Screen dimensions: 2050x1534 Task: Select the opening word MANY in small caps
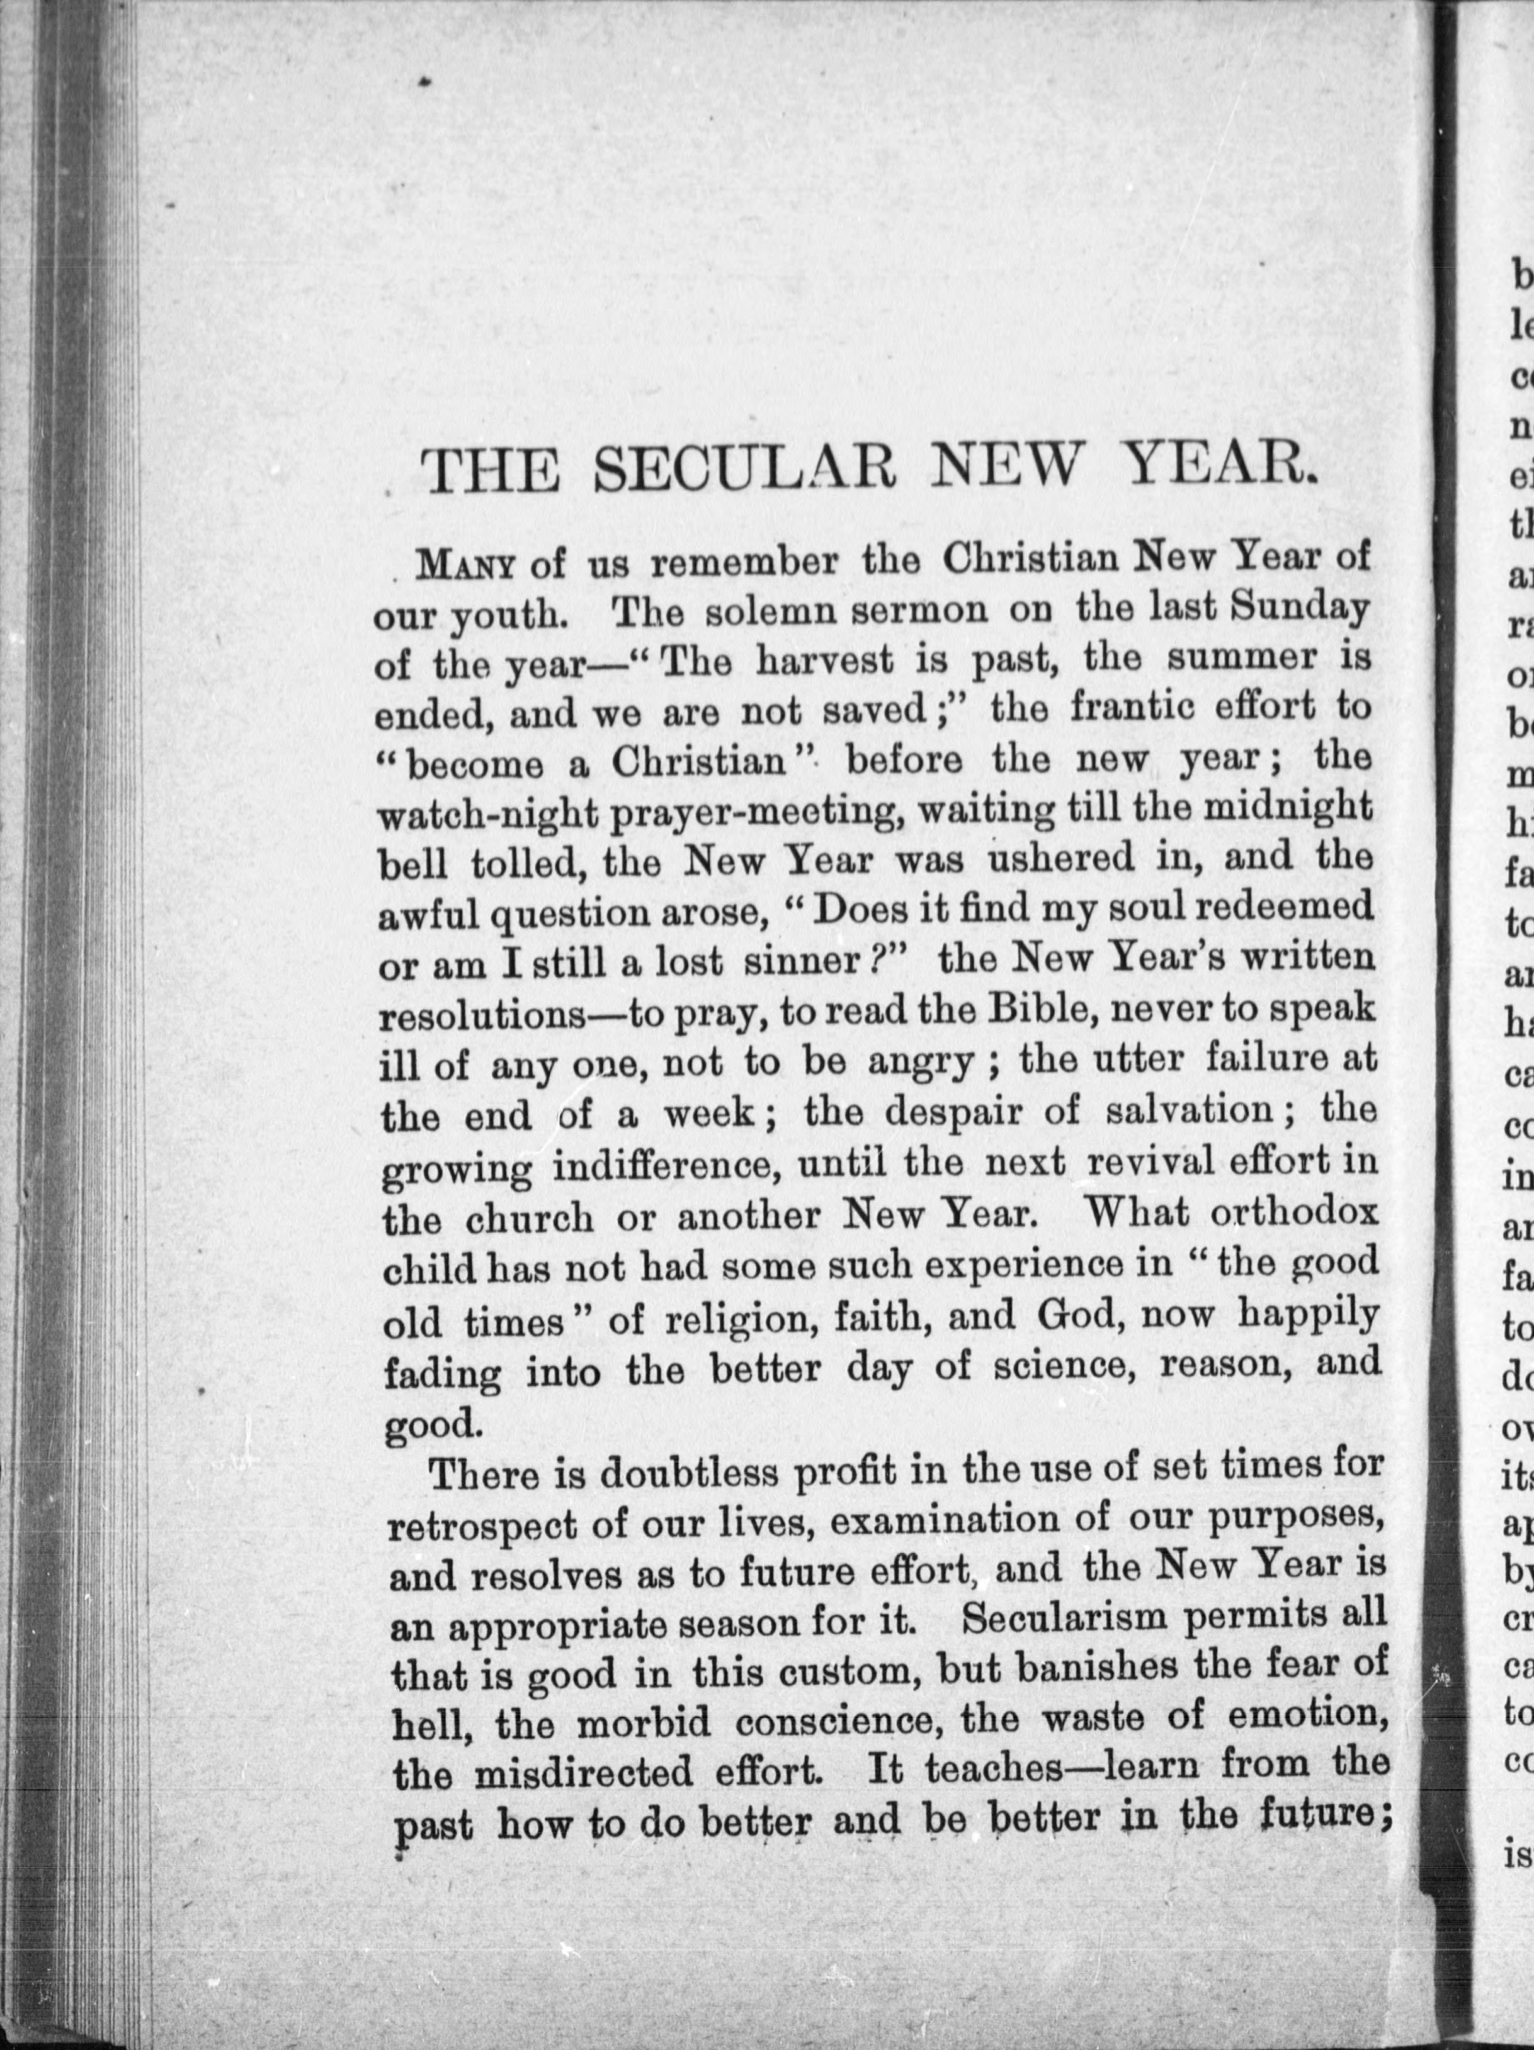click(x=465, y=564)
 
